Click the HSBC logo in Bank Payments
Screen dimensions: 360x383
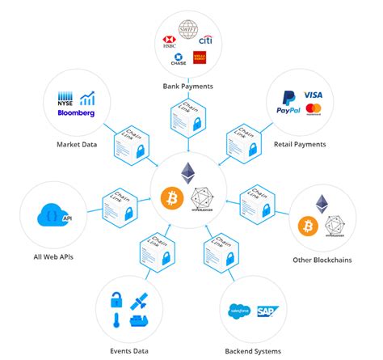click(x=169, y=42)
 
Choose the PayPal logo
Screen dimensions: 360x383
click(x=289, y=110)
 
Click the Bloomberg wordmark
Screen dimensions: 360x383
click(x=78, y=112)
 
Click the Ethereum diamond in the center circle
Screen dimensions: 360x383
click(x=191, y=173)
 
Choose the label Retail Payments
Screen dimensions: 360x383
click(x=300, y=144)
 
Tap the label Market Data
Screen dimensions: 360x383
click(x=78, y=144)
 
